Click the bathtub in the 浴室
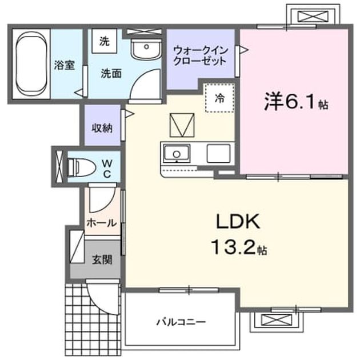[31, 64]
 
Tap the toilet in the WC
[81, 167]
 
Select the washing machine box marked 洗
[104, 41]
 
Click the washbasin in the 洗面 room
[146, 48]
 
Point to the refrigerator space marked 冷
[220, 98]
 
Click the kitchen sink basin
[177, 154]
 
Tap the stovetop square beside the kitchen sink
[218, 154]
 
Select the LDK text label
[238, 221]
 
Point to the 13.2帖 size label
[239, 247]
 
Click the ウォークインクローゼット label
[200, 56]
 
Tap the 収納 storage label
[102, 128]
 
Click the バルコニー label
[181, 322]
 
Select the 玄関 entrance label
[102, 260]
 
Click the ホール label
[102, 223]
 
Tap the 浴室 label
[65, 65]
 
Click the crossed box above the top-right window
[313, 16]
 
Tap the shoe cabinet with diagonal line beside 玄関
[77, 246]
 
